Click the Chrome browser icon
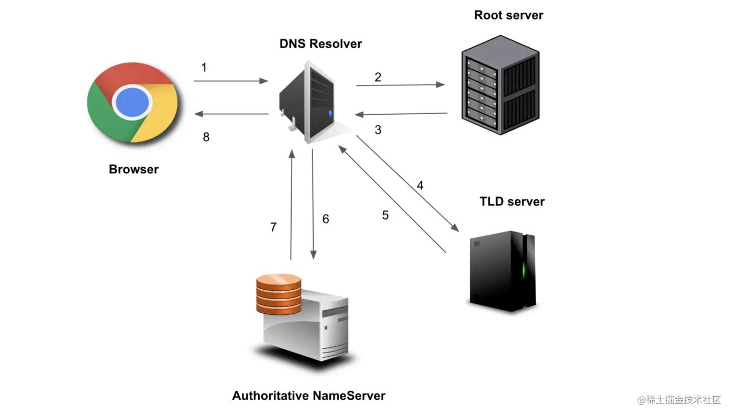click(133, 102)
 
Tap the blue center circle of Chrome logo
click(133, 102)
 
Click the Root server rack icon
click(500, 84)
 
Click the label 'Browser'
click(134, 169)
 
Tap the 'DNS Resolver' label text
click(320, 43)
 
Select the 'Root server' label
click(508, 15)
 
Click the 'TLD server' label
click(512, 202)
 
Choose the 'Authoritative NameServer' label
click(308, 396)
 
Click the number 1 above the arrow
click(204, 68)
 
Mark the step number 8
click(206, 137)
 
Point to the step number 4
click(420, 185)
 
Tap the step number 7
click(273, 227)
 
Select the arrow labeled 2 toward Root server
click(401, 84)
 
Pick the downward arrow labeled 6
click(313, 204)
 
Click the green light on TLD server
click(524, 270)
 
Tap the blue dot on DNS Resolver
click(329, 114)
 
